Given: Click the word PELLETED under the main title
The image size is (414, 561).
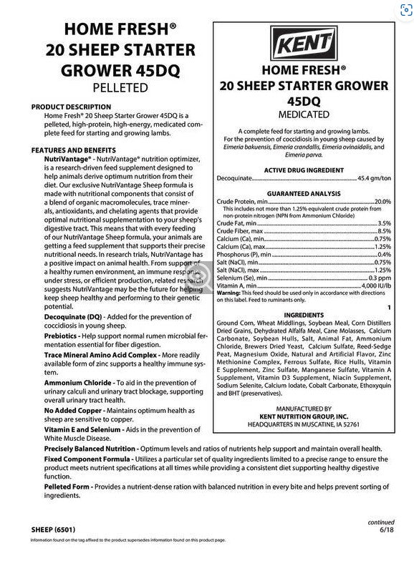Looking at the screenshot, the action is pyautogui.click(x=120, y=88).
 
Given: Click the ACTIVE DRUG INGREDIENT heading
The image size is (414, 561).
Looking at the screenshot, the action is pyautogui.click(x=304, y=170).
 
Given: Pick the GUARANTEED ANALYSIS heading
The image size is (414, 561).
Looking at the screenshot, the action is pyautogui.click(x=304, y=194).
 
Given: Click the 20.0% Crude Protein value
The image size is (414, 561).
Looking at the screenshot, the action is pyautogui.click(x=382, y=203).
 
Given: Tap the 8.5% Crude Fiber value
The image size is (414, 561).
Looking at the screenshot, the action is pyautogui.click(x=385, y=232).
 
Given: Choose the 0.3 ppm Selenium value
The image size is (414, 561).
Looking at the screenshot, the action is pyautogui.click(x=380, y=277).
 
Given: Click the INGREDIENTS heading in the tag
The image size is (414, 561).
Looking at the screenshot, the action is pyautogui.click(x=304, y=315).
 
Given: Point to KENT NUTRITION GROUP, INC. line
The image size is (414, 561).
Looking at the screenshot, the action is pyautogui.click(x=304, y=415).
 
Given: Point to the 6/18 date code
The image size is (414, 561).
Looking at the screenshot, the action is pyautogui.click(x=386, y=531).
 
